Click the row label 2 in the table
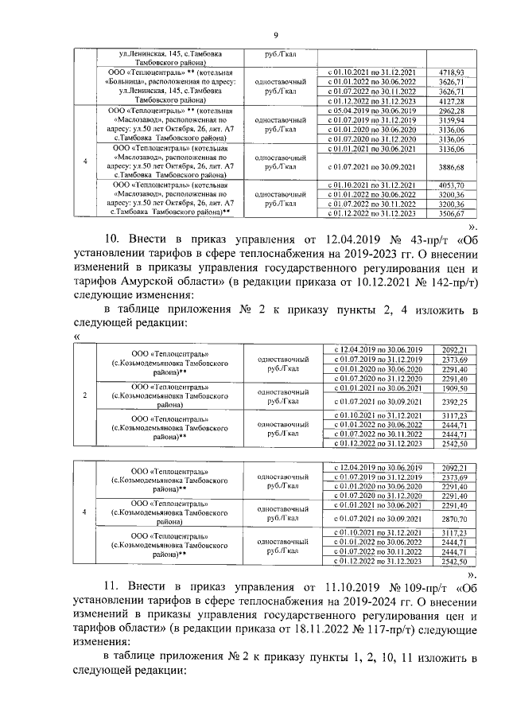coord(84,395)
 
